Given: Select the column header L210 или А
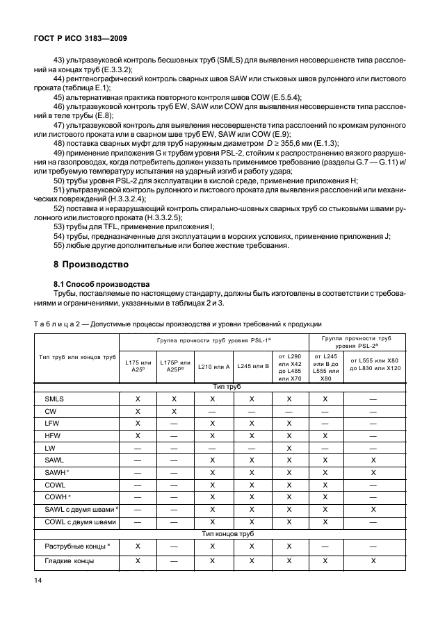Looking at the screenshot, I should pos(213,366).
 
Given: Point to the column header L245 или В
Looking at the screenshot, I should pos(252,366).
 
